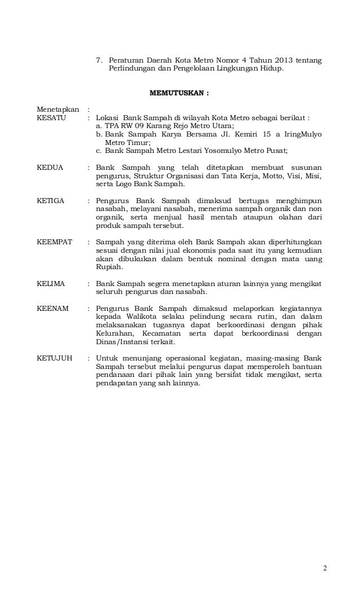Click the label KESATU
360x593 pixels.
(x=51, y=118)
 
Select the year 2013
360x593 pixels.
(x=286, y=60)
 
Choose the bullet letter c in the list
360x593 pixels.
(x=99, y=151)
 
